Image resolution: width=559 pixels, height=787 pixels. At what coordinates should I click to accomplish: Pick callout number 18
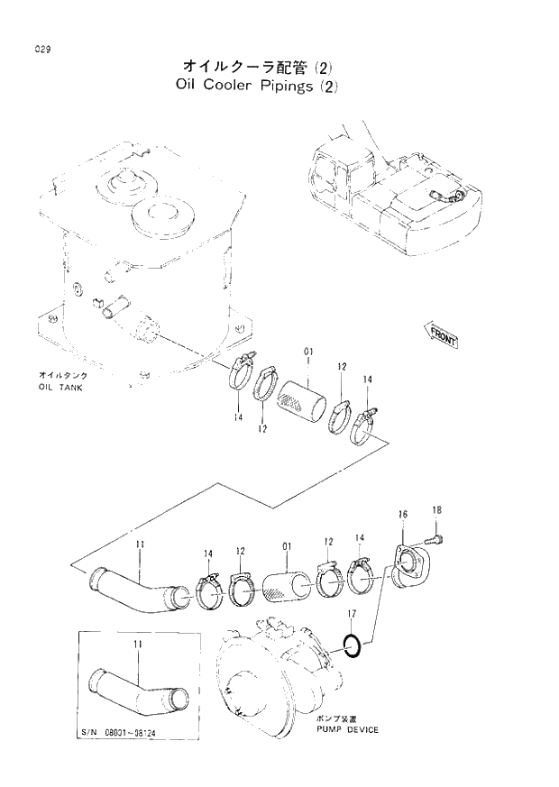point(436,510)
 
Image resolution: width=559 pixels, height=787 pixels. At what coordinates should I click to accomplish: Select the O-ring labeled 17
point(354,645)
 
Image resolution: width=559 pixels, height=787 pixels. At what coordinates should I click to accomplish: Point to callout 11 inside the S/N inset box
point(137,645)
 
